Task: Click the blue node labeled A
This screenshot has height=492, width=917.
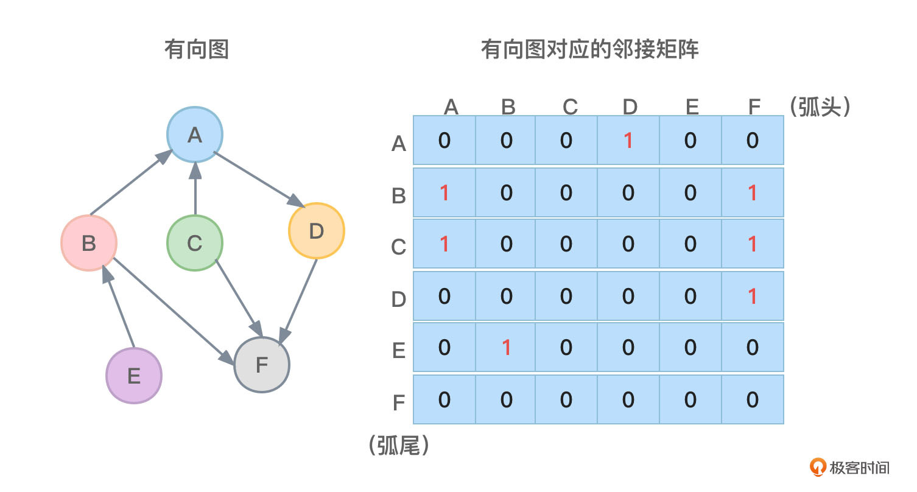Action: pos(195,135)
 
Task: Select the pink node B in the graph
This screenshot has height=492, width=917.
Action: pos(89,243)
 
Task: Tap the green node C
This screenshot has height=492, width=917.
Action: pos(195,243)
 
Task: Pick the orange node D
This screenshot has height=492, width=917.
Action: pos(316,231)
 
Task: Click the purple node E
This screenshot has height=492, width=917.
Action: pos(134,375)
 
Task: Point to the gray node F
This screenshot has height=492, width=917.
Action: pos(262,365)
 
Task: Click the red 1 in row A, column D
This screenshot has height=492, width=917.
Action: pos(628,141)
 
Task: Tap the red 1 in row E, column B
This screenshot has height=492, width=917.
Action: pos(506,347)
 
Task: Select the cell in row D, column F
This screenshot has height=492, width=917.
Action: pos(753,296)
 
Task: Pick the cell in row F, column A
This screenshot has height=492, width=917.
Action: pos(444,399)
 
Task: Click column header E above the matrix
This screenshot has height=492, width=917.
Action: pos(692,107)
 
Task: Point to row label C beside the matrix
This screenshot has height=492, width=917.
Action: pos(398,247)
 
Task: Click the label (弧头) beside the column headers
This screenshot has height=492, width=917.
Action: pos(819,107)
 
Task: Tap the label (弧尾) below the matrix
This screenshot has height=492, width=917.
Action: pos(399,446)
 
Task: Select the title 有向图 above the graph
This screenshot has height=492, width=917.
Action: pos(196,49)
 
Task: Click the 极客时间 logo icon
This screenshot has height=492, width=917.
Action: pos(818,467)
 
